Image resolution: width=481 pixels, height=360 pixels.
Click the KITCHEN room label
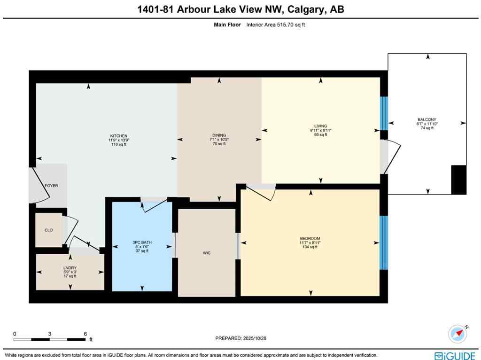(118, 136)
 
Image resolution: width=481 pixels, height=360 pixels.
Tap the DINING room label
(219, 135)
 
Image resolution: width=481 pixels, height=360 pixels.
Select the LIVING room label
(320, 126)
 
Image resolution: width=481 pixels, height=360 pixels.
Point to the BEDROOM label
(310, 238)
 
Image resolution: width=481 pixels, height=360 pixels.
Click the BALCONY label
(427, 120)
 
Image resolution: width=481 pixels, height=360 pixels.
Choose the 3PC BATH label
(142, 243)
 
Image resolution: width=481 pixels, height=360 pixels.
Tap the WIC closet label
(207, 253)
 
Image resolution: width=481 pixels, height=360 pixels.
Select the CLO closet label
(48, 230)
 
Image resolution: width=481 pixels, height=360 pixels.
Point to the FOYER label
(51, 186)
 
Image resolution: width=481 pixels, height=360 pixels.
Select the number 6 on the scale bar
(85, 334)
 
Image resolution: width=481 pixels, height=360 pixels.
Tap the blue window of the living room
(384, 113)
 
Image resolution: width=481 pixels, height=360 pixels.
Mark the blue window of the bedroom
(384, 243)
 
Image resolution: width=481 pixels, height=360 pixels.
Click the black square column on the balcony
(458, 180)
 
